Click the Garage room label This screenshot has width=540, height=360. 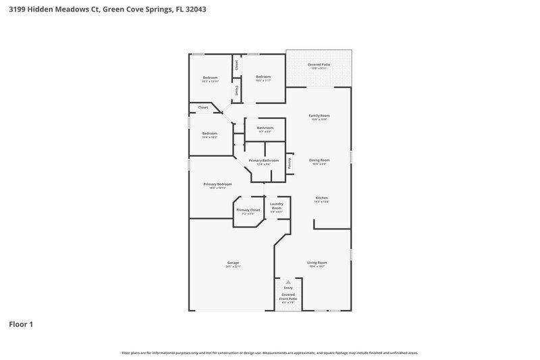(232, 263)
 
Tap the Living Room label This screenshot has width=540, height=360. (317, 263)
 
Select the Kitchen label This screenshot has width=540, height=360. (321, 198)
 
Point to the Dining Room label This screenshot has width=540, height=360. (319, 160)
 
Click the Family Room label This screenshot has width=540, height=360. (319, 115)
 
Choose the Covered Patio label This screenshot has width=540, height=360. (319, 64)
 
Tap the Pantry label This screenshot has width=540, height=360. (289, 163)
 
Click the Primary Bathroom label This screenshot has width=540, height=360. (263, 160)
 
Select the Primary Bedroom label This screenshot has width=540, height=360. (218, 184)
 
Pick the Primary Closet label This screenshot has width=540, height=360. (248, 210)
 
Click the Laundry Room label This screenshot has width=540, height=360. (276, 205)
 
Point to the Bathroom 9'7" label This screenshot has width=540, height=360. (265, 128)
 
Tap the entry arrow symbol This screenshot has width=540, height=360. (288, 282)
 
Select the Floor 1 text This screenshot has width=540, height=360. (21, 324)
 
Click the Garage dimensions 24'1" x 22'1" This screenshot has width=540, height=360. (232, 267)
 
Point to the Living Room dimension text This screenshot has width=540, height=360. (317, 267)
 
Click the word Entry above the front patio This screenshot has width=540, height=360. (288, 288)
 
